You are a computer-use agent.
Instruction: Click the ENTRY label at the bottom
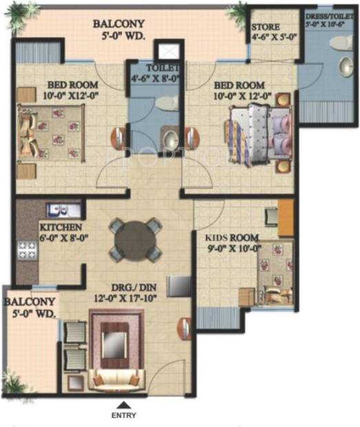(123, 416)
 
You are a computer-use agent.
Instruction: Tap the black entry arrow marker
(124, 405)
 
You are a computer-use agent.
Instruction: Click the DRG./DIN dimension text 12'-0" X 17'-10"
(137, 298)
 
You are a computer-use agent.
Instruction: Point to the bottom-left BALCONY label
(29, 307)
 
